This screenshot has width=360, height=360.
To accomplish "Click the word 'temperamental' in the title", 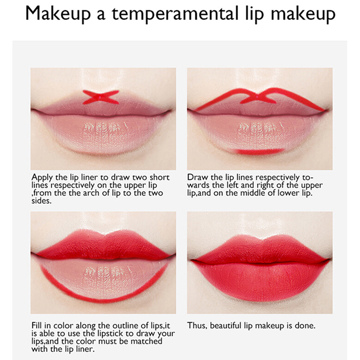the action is point(175,14).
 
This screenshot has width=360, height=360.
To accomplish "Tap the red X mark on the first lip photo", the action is point(101,97).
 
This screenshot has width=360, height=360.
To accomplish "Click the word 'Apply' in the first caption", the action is point(42,178).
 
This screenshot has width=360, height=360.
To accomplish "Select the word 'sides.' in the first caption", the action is point(41,201).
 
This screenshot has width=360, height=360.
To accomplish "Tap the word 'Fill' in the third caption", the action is point(37,325).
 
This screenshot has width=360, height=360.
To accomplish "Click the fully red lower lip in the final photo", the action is point(260,281).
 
